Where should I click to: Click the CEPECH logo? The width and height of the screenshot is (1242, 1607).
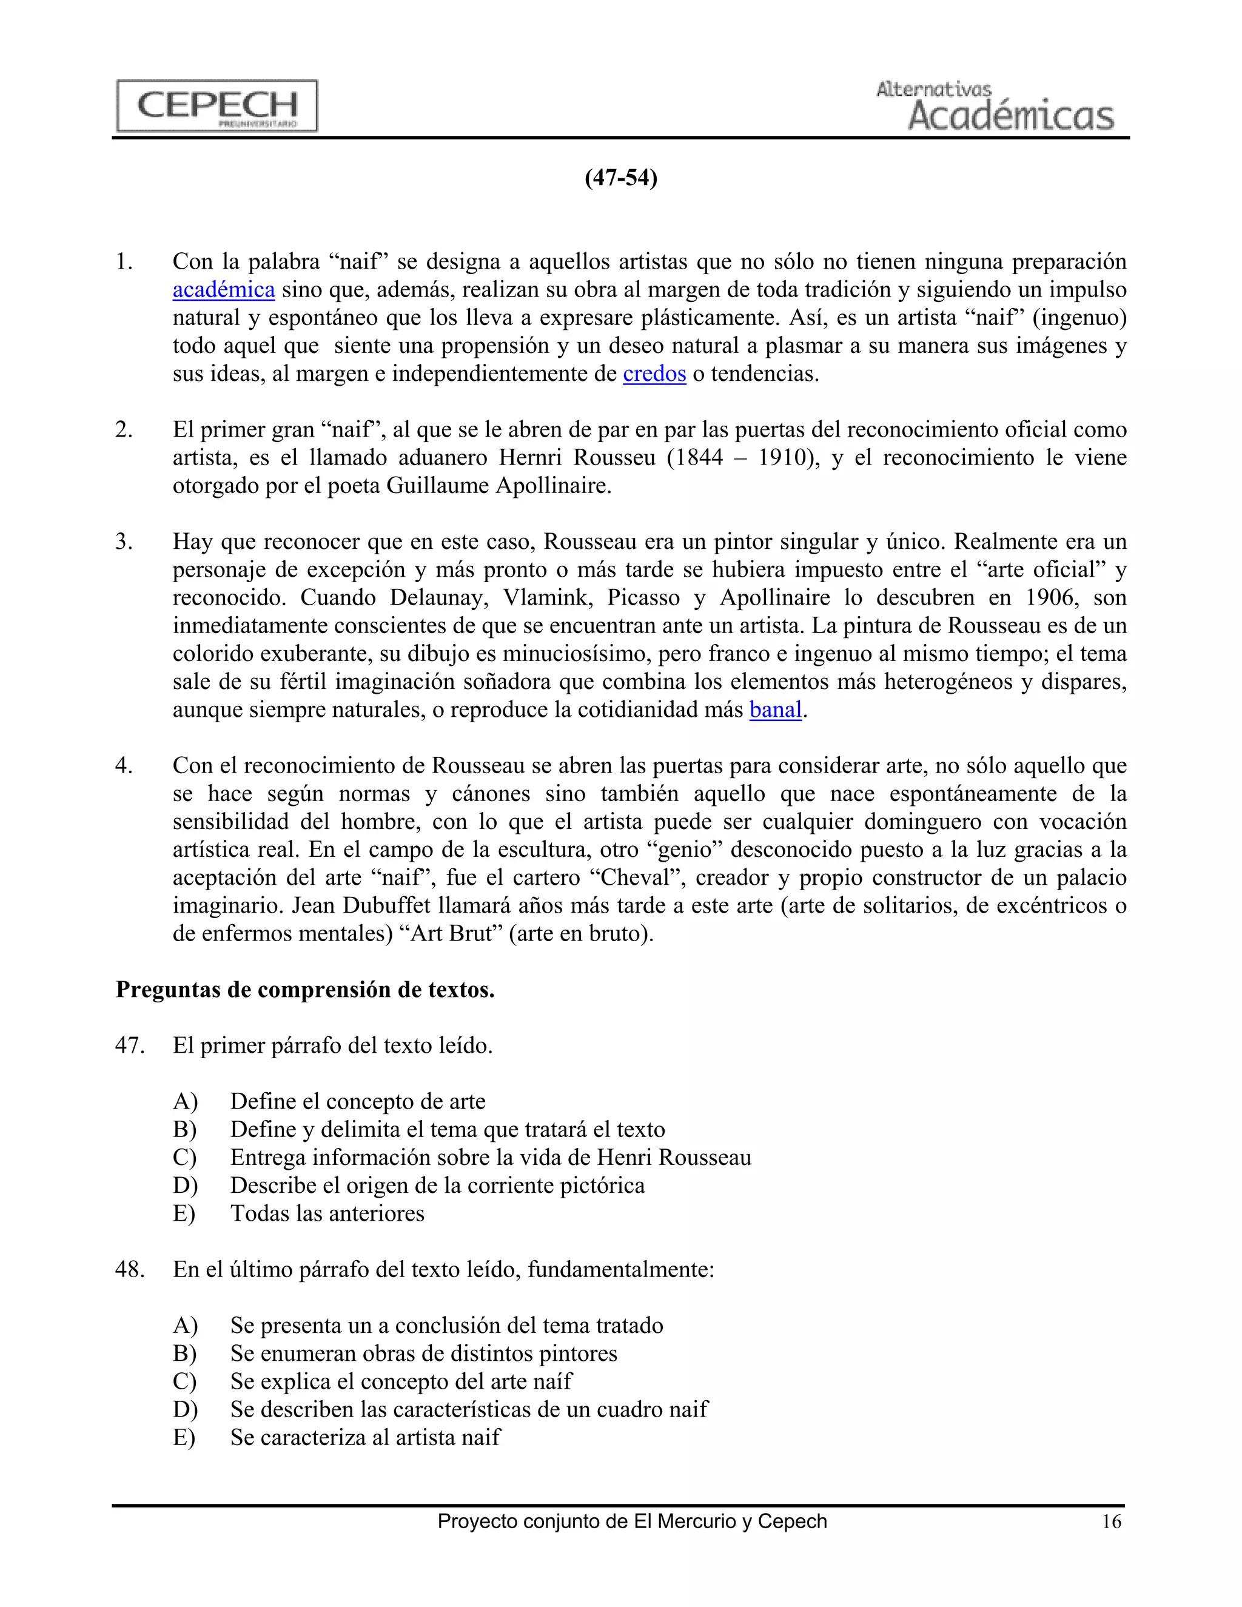[217, 106]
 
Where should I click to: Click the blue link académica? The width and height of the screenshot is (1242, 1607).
[224, 290]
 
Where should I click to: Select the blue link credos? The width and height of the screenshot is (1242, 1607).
[654, 374]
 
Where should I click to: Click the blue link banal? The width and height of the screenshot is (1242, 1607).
[775, 710]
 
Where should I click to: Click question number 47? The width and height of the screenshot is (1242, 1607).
[130, 1045]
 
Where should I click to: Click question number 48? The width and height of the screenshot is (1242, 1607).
[130, 1269]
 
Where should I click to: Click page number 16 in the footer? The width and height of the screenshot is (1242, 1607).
[1111, 1521]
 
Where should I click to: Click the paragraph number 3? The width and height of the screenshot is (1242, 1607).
[124, 542]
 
